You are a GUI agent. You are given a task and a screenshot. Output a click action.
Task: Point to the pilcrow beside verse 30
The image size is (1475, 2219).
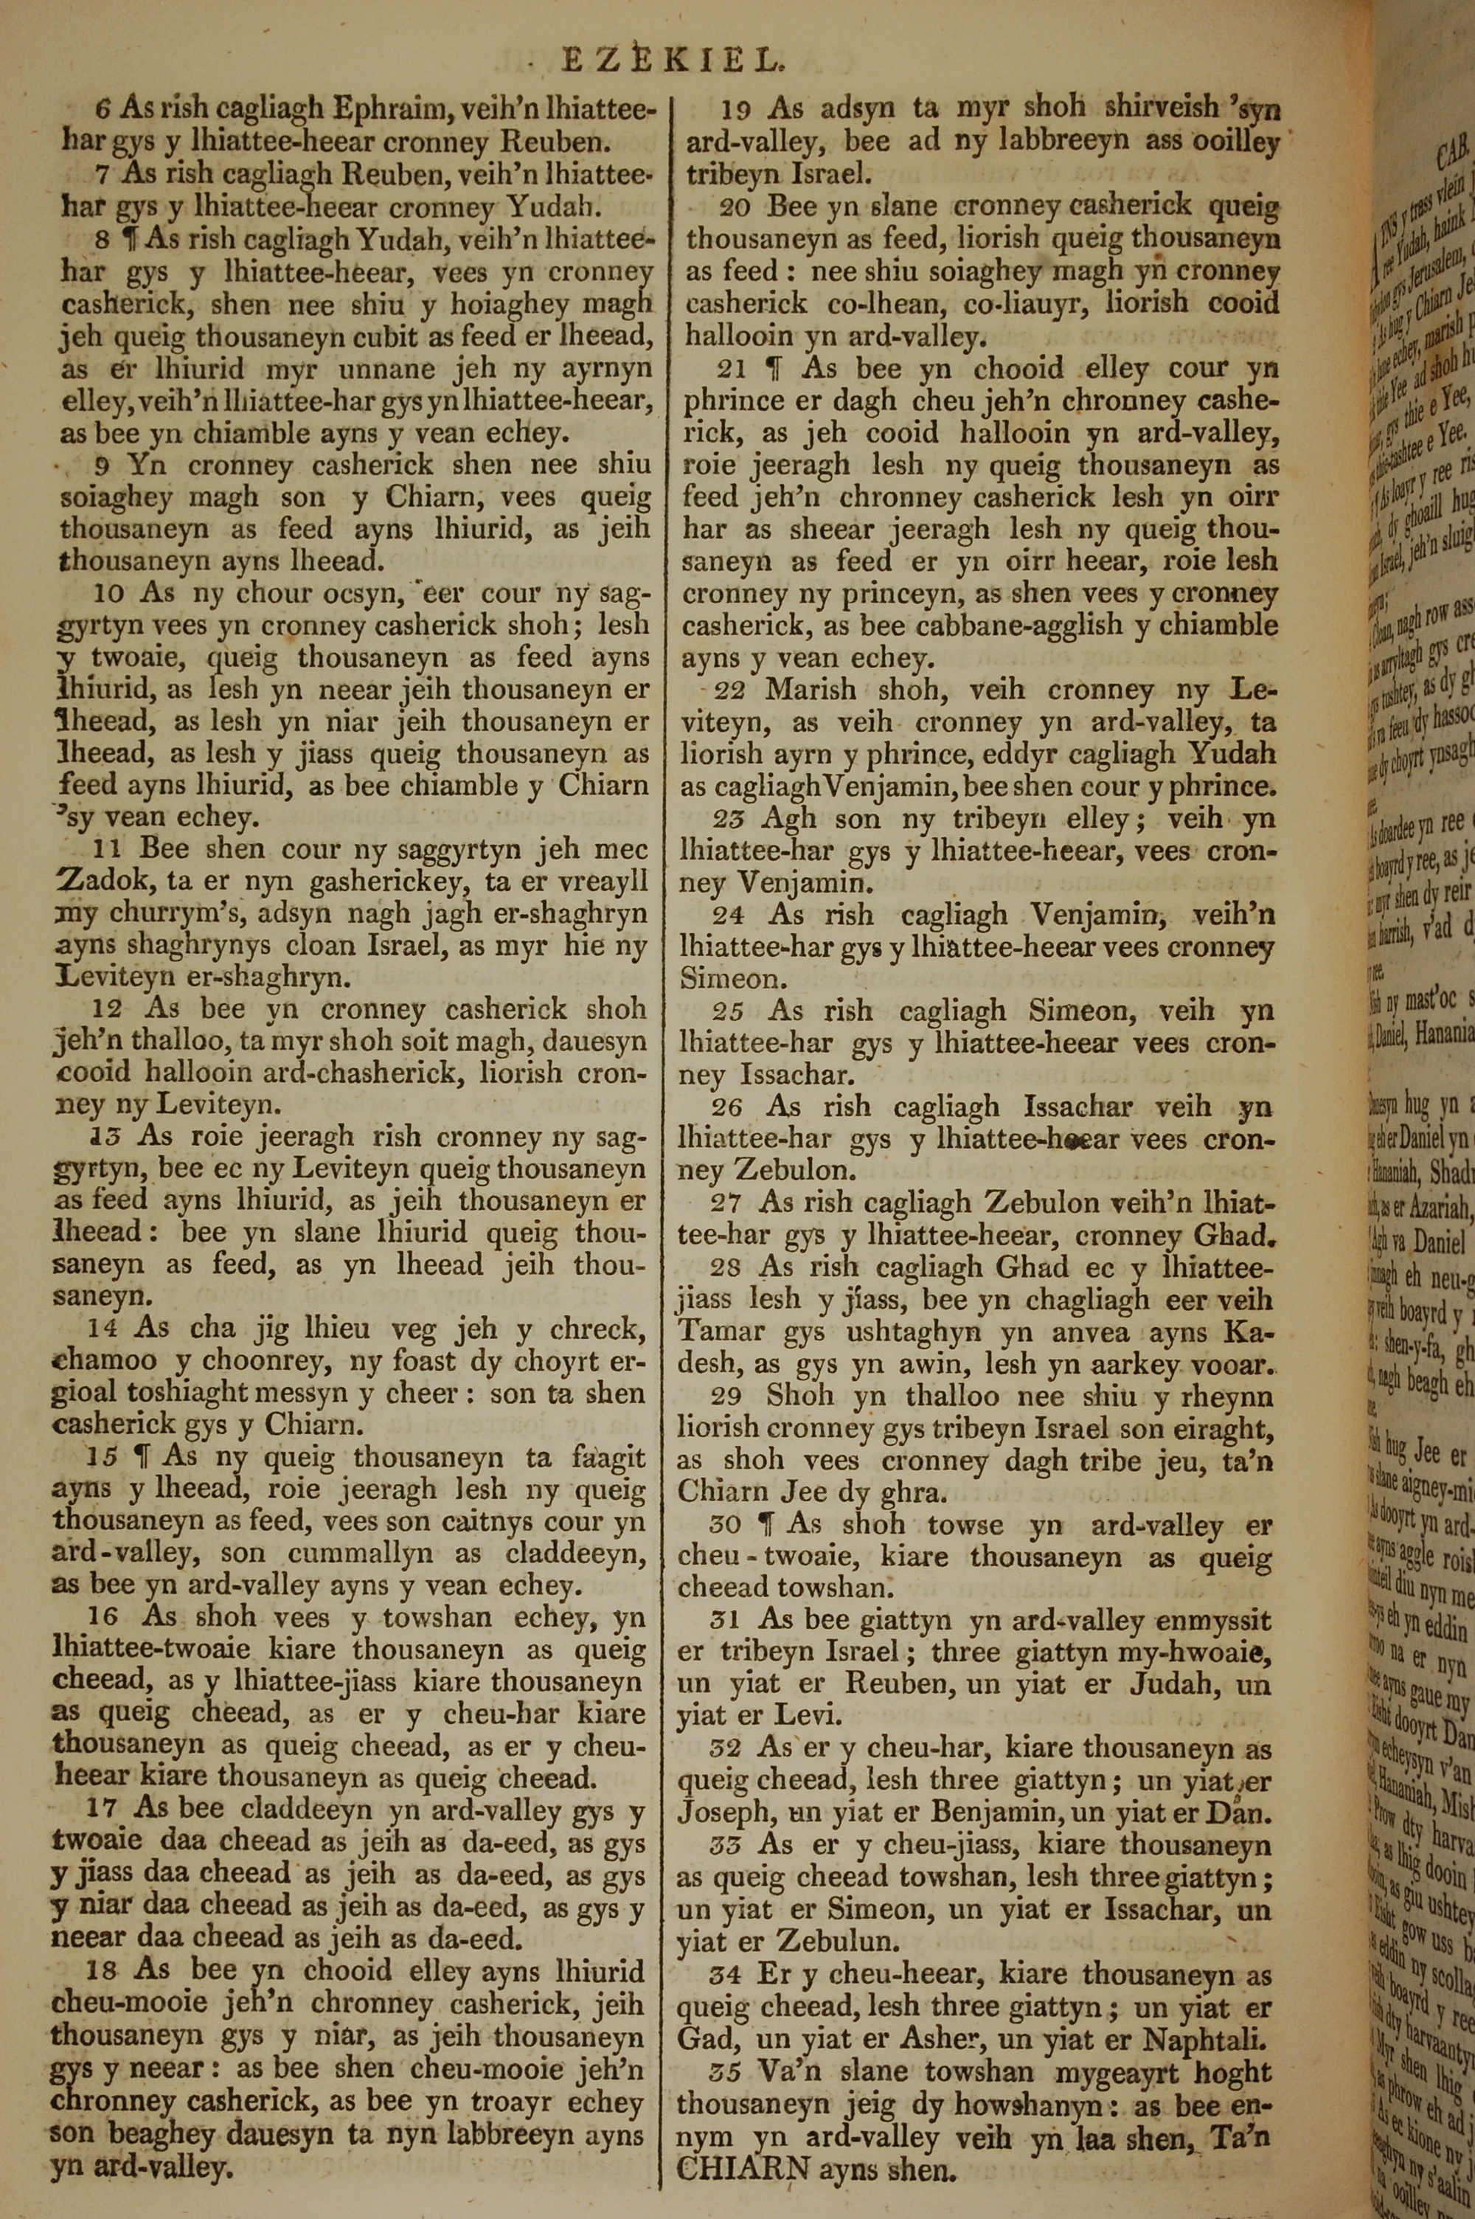pyautogui.click(x=774, y=1522)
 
